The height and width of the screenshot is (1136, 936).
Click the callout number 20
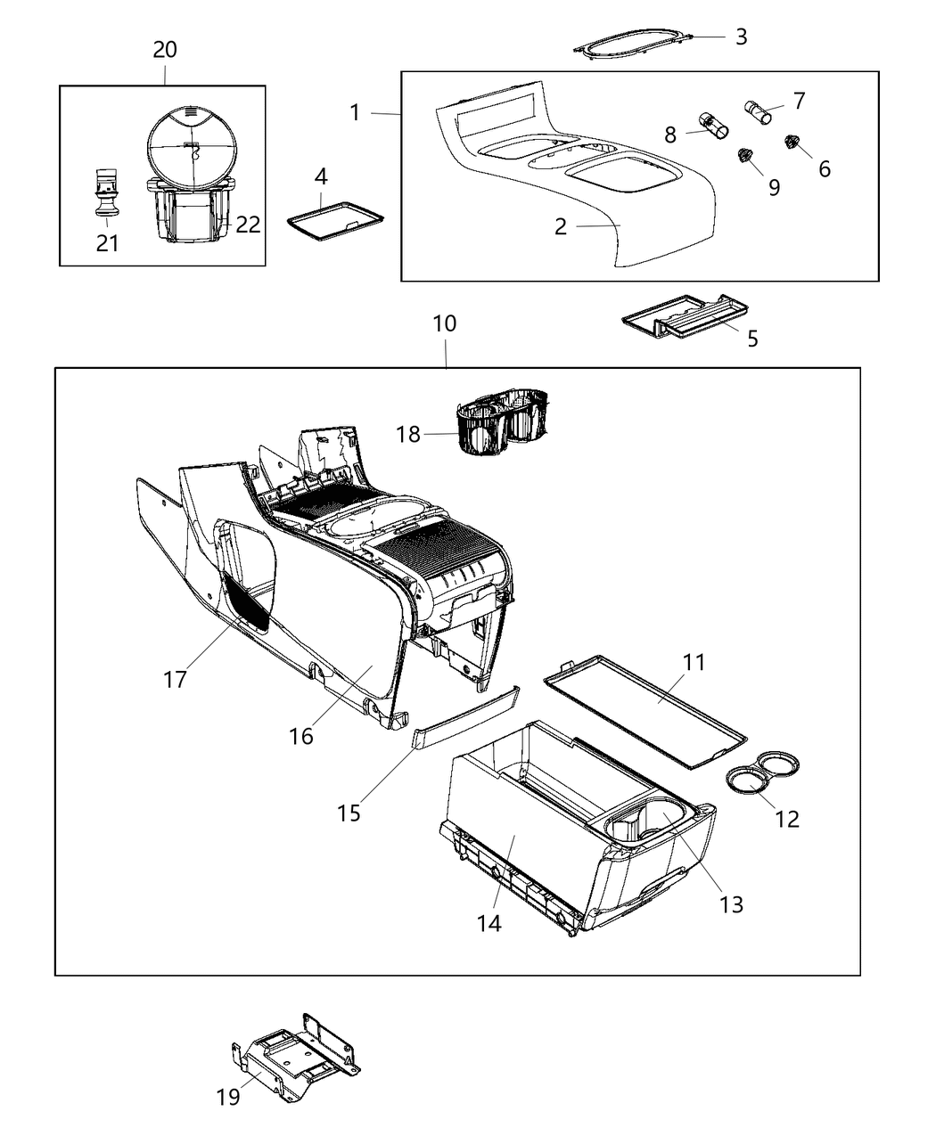[x=165, y=50]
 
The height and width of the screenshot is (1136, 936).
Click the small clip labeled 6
[x=790, y=142]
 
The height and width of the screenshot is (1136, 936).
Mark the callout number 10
[x=444, y=324]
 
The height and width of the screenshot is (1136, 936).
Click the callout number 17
[x=175, y=679]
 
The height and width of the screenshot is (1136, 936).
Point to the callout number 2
[x=560, y=227]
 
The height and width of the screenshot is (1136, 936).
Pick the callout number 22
[x=248, y=225]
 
